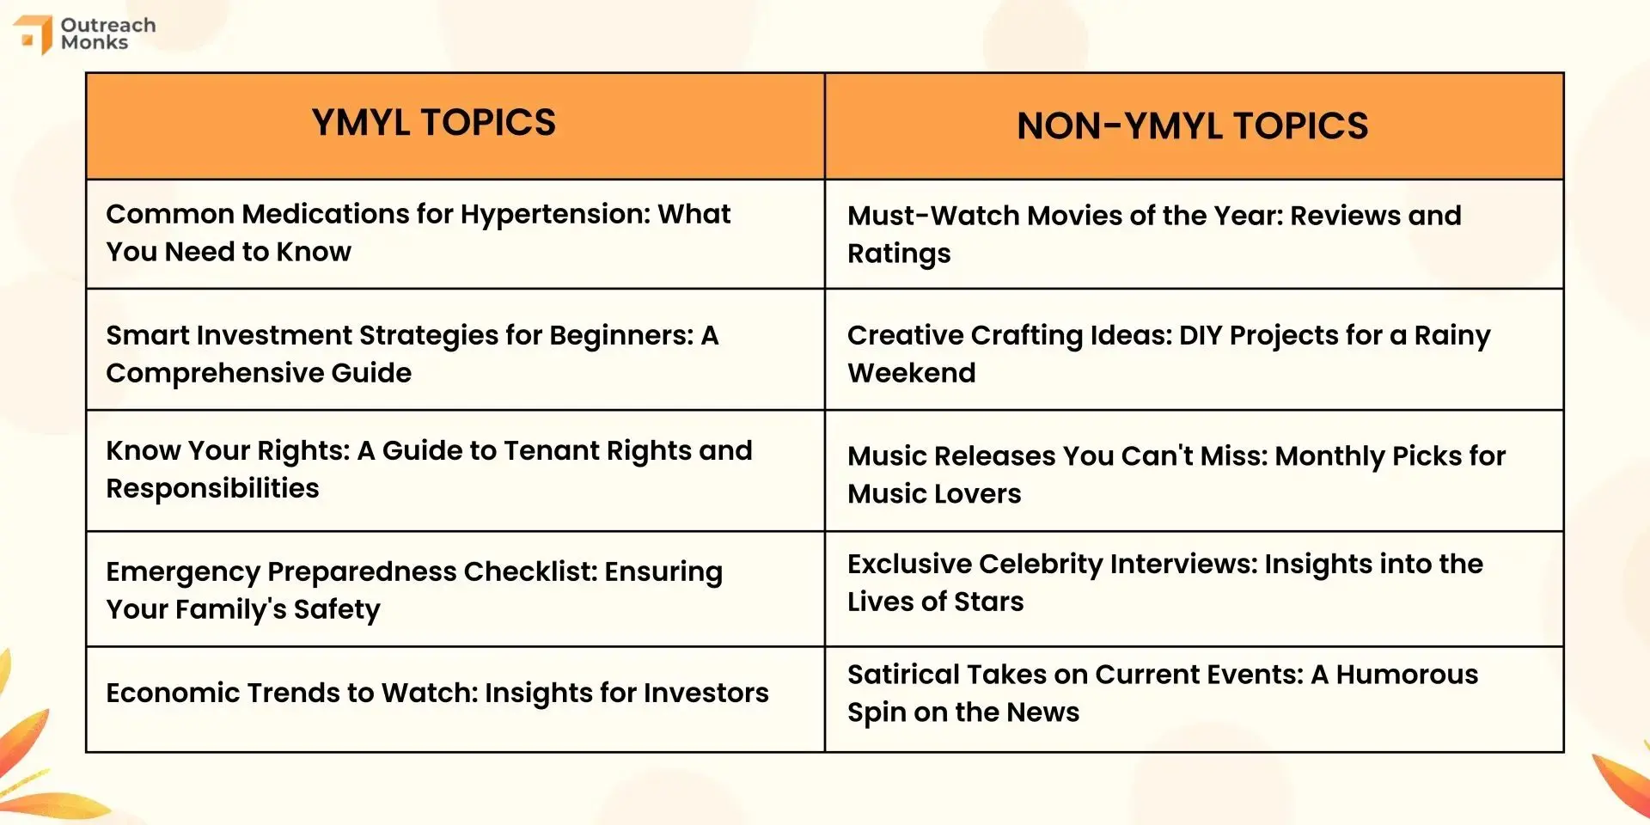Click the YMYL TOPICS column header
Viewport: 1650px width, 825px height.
433,122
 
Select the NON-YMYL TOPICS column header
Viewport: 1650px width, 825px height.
1192,126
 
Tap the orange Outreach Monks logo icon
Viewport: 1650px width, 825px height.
33,34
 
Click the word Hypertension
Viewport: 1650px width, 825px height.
555,214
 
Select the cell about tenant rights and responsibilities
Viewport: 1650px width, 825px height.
455,470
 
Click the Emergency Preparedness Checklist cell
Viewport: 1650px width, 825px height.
455,589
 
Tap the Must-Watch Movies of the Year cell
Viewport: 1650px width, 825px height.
1194,234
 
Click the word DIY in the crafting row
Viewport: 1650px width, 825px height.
1200,335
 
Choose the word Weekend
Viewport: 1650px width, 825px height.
912,373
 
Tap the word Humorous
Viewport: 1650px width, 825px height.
1407,675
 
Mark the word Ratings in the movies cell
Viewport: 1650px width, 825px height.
899,254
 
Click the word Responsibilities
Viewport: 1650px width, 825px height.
212,489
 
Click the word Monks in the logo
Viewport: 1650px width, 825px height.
95,42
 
